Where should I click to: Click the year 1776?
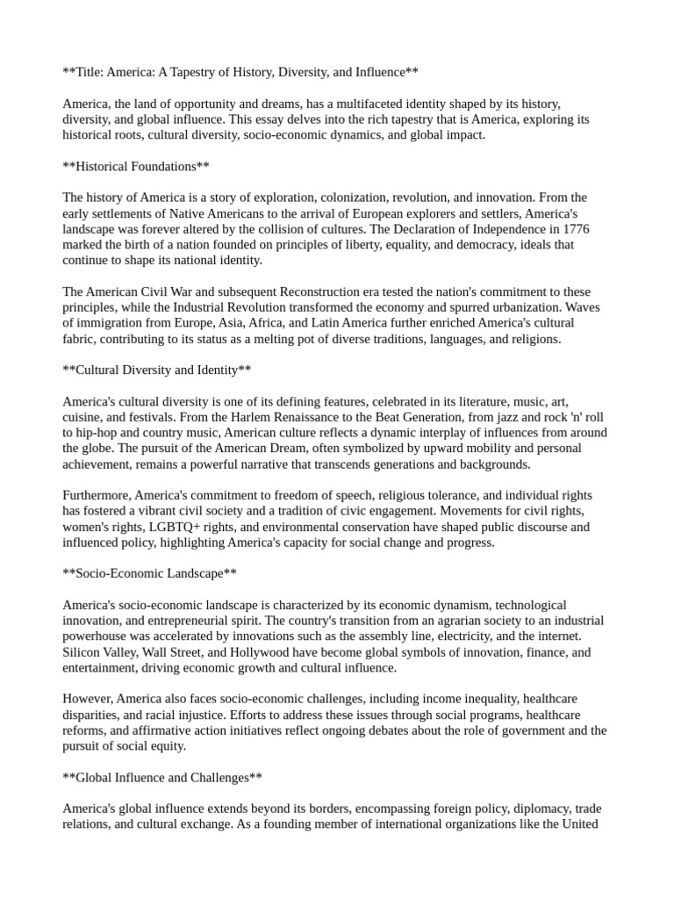point(571,229)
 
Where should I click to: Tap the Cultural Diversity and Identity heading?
point(157,370)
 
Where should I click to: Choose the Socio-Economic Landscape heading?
point(150,573)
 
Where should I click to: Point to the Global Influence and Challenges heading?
point(162,777)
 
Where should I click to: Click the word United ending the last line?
point(579,824)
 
